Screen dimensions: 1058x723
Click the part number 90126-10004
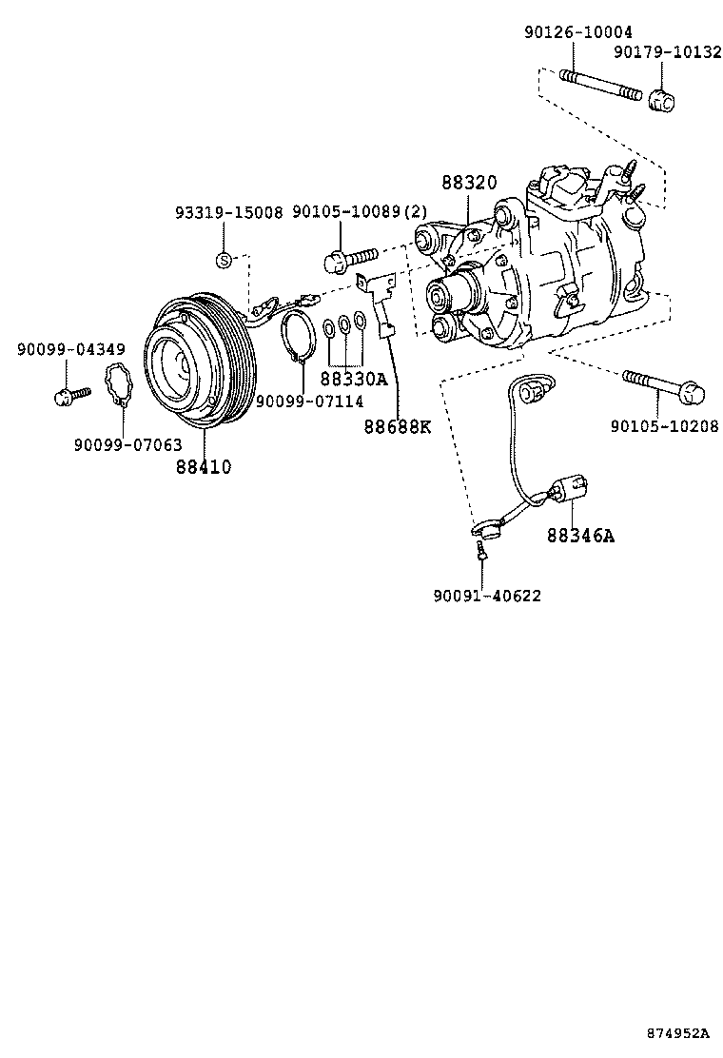coord(577,31)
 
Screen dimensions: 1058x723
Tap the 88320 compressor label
coord(469,183)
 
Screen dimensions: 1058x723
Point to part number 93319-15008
coord(228,212)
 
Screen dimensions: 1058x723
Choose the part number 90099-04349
coord(70,350)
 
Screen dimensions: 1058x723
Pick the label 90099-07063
coord(127,443)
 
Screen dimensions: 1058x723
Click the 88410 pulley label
coord(204,467)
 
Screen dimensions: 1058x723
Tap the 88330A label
coord(354,379)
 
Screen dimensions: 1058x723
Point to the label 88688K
coord(397,426)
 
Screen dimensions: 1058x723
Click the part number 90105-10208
coord(665,425)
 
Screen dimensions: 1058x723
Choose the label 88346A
coord(580,536)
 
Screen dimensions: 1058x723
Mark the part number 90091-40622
coord(487,596)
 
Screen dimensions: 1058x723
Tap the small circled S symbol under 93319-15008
coord(223,259)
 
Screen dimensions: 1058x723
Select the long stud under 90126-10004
coord(600,85)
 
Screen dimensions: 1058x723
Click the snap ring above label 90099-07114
coord(299,338)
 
